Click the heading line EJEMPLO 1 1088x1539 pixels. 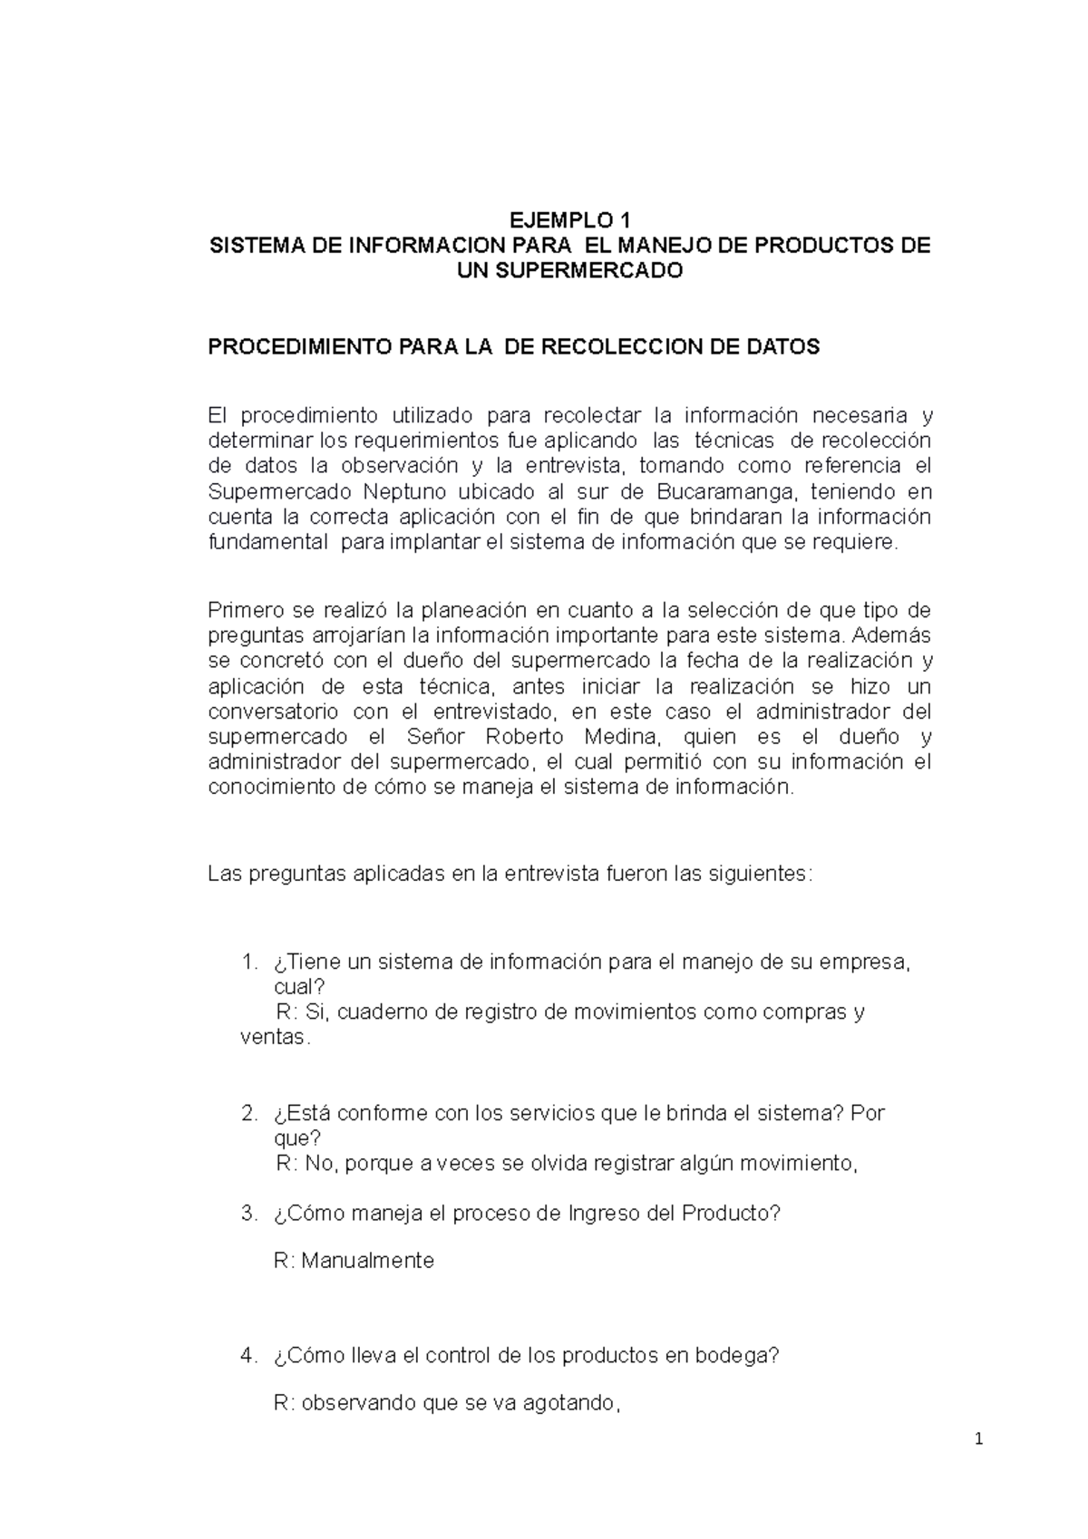point(568,220)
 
